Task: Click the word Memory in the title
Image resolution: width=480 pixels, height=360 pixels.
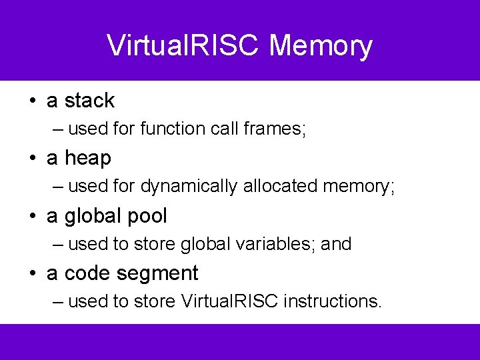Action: click(x=321, y=46)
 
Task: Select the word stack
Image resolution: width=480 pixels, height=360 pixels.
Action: click(x=89, y=101)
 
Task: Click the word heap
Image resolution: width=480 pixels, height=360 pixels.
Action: click(x=88, y=158)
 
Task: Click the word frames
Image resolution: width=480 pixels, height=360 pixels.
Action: click(x=274, y=129)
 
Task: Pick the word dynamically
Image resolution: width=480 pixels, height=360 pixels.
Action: click(x=189, y=187)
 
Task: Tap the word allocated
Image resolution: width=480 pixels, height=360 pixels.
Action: click(x=279, y=186)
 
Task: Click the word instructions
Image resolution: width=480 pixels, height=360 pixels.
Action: click(x=332, y=301)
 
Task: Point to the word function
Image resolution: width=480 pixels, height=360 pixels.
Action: click(x=173, y=129)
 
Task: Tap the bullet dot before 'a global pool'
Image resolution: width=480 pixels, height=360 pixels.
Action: click(x=31, y=217)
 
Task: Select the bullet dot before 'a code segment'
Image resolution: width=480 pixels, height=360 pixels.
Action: click(x=31, y=274)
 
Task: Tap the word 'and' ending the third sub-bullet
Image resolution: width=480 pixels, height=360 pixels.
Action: click(x=336, y=244)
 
